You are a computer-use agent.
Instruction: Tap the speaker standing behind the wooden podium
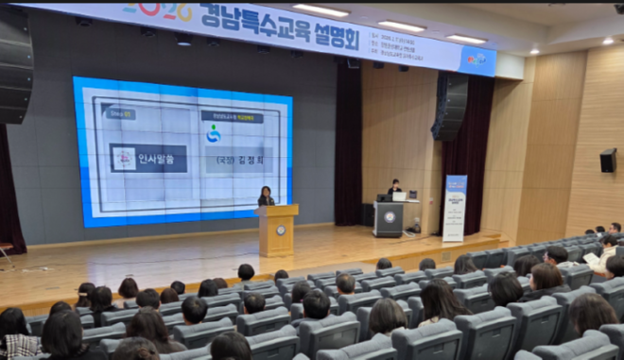tap(266, 196)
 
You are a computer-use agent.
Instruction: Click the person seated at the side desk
tap(394, 187)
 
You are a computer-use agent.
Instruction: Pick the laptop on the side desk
tap(399, 197)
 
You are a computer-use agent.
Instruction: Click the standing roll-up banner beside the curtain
tap(455, 208)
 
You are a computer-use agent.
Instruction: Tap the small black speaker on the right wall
tap(607, 160)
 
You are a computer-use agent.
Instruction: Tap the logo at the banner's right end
tap(477, 60)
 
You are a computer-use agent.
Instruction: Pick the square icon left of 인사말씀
tap(123, 158)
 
